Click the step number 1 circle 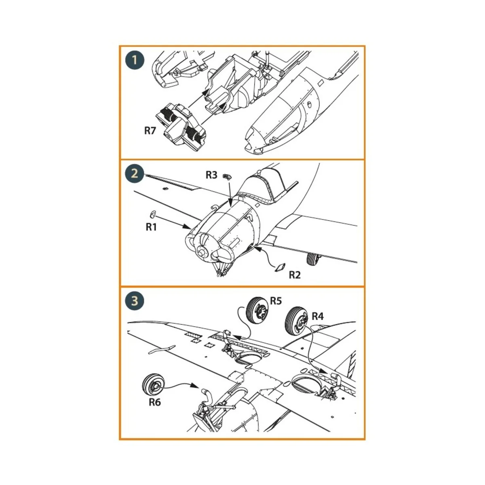(x=135, y=61)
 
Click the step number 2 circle (x=135, y=174)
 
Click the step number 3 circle (x=135, y=301)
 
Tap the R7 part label (x=150, y=131)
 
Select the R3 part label (x=211, y=175)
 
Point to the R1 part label (x=151, y=227)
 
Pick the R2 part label (x=295, y=275)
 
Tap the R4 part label (x=318, y=316)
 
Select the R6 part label (x=155, y=402)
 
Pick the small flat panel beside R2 (x=280, y=268)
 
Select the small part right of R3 (x=229, y=177)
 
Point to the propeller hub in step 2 (x=202, y=251)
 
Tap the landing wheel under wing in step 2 (x=312, y=259)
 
